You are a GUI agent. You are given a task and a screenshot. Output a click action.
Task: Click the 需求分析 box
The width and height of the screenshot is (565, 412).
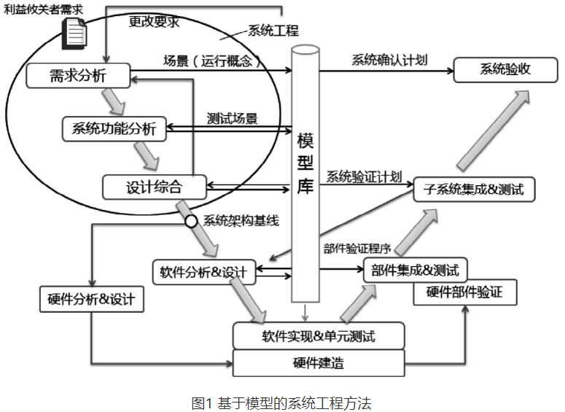pos(78,75)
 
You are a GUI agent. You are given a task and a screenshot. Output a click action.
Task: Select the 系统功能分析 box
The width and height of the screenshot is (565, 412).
pos(114,129)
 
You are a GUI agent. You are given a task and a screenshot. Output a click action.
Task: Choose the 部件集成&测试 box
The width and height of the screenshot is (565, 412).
pos(415,271)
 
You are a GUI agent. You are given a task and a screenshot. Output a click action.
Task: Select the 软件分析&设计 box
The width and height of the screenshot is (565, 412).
pos(203,273)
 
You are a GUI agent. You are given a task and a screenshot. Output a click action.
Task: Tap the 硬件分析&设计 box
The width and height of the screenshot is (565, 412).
pos(91,299)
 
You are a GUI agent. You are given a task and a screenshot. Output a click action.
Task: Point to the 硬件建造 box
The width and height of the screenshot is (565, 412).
pos(318,363)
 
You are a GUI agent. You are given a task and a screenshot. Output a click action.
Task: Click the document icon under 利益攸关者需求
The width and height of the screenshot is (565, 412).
pos(75,32)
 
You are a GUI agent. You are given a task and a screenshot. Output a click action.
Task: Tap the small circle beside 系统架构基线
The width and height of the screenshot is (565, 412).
pos(191,221)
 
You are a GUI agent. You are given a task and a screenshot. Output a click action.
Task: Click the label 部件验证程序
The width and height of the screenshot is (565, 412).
pos(357,247)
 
